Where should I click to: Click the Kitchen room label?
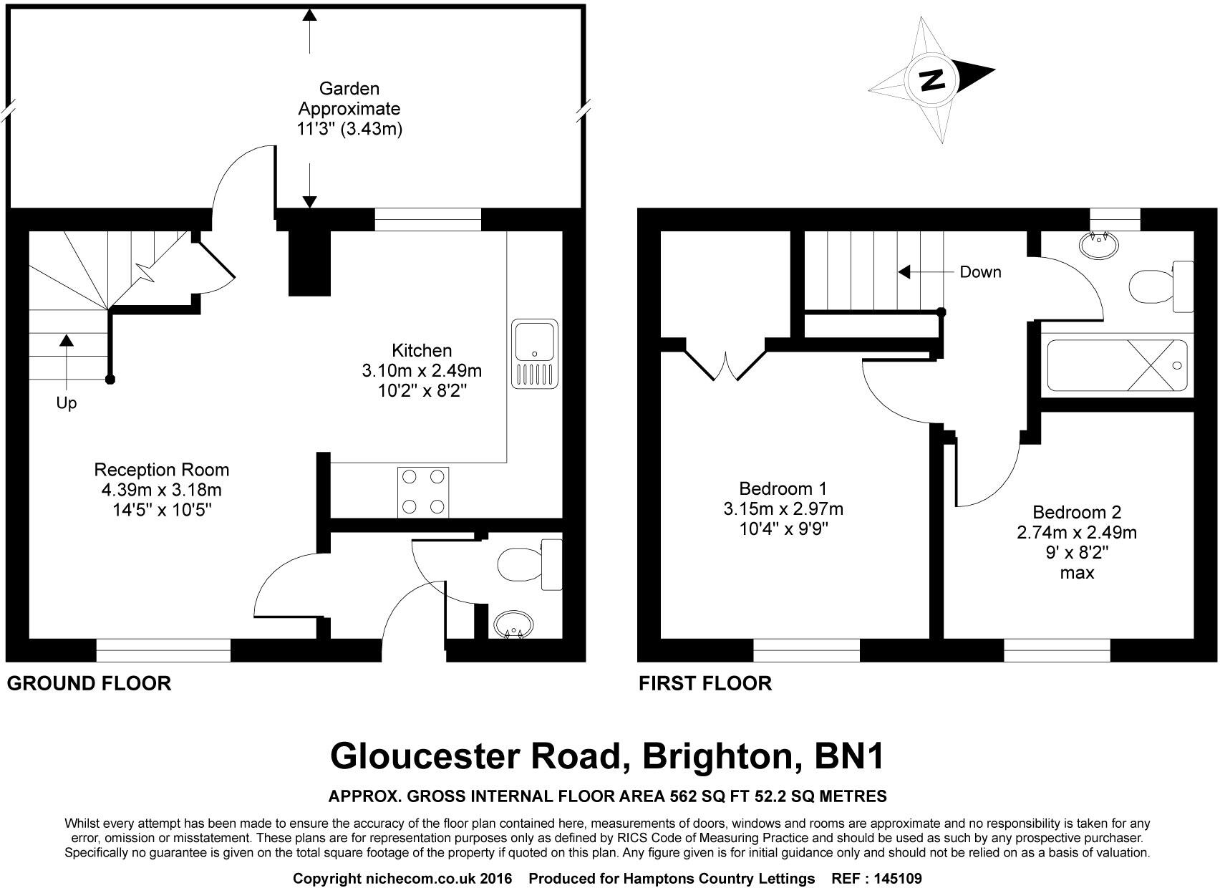422,351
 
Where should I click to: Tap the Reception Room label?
162,470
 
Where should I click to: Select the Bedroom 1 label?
783,489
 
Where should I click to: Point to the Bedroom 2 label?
1077,513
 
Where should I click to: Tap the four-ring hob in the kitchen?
423,492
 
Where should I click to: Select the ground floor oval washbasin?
513,624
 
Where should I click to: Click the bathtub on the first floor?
1118,366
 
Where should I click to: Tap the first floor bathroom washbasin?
1099,245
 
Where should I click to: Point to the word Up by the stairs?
67,404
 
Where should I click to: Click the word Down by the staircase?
980,272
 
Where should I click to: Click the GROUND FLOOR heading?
89,684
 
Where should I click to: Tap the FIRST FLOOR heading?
705,684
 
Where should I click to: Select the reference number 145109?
896,878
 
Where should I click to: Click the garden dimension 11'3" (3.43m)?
349,130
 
